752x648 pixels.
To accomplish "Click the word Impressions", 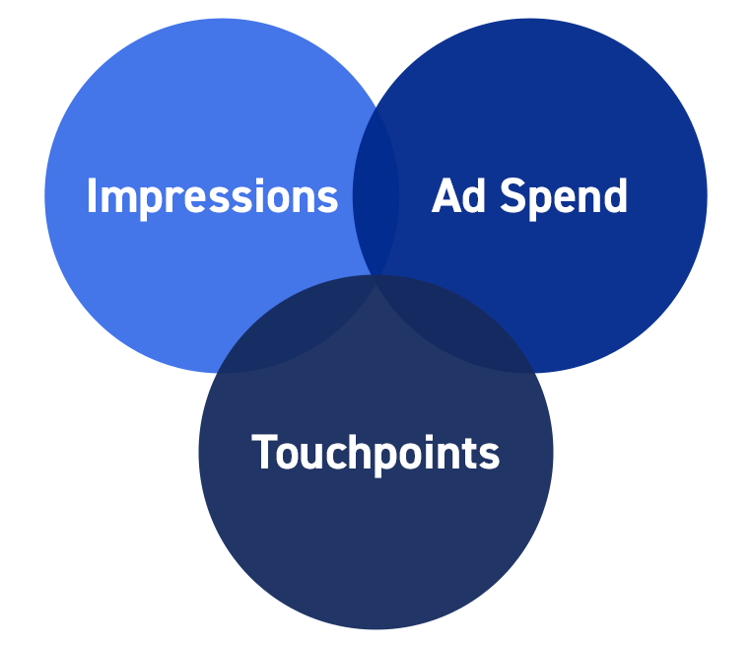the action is [x=213, y=197].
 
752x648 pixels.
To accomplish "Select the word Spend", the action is [x=564, y=197].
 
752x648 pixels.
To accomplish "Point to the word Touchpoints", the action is [x=376, y=454].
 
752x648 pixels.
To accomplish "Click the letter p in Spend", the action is [x=539, y=203].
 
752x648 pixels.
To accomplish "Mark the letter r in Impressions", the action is [x=173, y=199].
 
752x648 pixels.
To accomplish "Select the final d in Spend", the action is [x=616, y=194].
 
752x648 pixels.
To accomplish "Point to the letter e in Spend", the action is [x=566, y=199].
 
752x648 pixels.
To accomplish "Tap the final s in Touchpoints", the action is [x=490, y=456].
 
